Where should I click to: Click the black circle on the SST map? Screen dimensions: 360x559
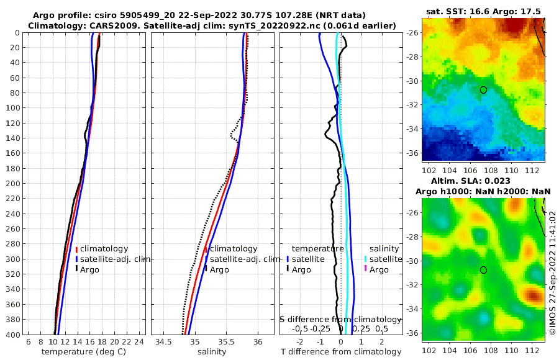pos(483,90)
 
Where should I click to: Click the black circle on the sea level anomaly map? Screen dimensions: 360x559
pos(483,270)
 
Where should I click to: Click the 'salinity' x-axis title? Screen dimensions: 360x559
pos(211,352)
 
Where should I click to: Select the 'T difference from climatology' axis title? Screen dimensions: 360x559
pos(340,352)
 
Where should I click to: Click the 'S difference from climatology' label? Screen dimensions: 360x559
pos(340,319)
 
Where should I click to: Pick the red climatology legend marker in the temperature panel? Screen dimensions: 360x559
pos(76,249)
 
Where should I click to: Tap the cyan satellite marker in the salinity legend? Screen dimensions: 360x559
pos(365,259)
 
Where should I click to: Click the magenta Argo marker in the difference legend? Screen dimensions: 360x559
pos(365,270)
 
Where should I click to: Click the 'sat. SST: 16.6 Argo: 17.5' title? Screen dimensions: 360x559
pos(483,11)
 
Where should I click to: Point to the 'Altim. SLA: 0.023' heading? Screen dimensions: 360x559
pos(483,181)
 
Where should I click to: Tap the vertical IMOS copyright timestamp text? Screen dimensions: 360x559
pos(552,273)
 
